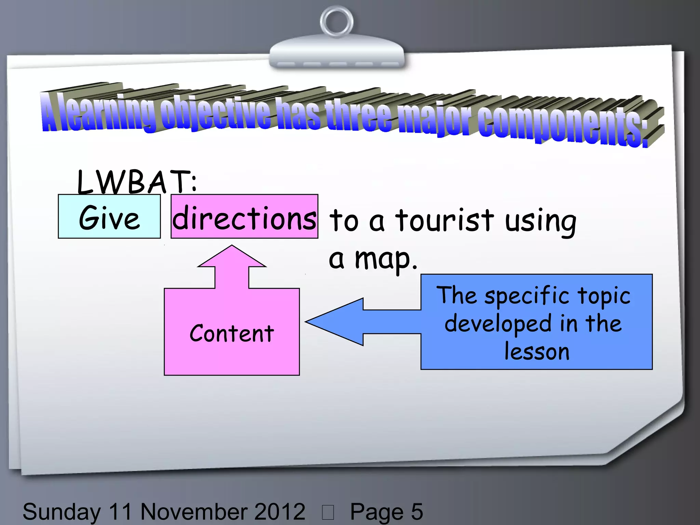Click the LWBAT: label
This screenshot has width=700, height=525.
point(137,181)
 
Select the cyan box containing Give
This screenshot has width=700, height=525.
point(109,216)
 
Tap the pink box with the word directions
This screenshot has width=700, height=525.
point(244,216)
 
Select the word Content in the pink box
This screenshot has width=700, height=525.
point(232,333)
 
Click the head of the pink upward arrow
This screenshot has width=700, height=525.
point(232,256)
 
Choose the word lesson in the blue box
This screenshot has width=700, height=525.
point(537,352)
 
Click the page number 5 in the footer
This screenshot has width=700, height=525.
point(417,512)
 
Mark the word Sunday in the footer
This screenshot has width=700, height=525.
point(62,512)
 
